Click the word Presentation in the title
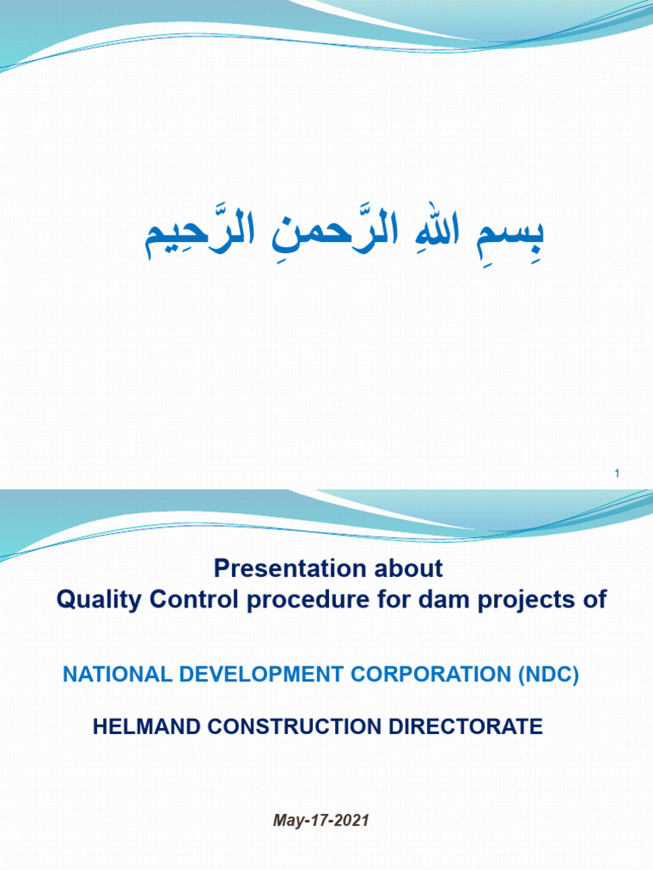[290, 568]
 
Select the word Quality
[99, 600]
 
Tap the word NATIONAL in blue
[117, 674]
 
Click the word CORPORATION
[430, 674]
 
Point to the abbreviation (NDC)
[548, 675]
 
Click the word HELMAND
[146, 726]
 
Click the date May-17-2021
[321, 821]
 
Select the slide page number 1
[617, 473]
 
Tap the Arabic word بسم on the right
[510, 236]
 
